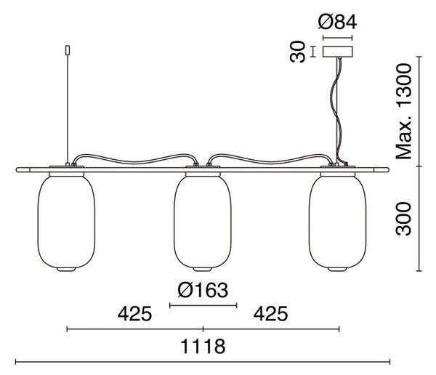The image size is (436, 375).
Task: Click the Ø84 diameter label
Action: click(x=337, y=23)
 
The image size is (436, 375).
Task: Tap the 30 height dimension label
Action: click(x=297, y=52)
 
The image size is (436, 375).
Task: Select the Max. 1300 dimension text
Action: click(x=403, y=111)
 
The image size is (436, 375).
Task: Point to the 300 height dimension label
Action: click(x=403, y=219)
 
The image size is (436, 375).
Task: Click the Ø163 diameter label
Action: click(x=203, y=290)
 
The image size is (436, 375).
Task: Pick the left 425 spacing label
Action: click(x=135, y=313)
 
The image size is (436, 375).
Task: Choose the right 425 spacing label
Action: click(x=271, y=313)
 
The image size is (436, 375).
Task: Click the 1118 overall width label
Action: click(x=203, y=346)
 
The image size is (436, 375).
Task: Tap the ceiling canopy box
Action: click(x=338, y=52)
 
